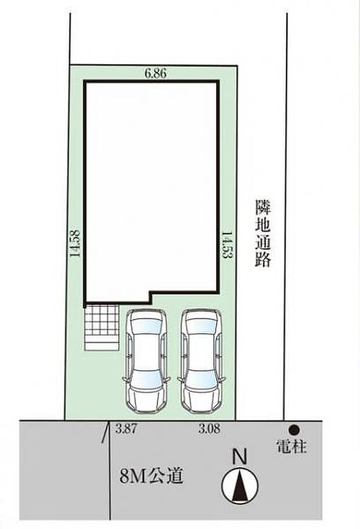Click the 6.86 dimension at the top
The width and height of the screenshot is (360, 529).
pos(156,73)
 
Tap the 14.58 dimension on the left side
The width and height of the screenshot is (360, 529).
pos(74,244)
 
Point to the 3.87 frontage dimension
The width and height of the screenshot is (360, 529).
pos(125,429)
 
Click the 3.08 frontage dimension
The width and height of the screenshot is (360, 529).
pos(209,429)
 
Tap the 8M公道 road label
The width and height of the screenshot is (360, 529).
pos(151,476)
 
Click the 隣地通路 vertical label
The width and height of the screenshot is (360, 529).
pos(263,233)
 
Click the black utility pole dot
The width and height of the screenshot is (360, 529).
pos(294,430)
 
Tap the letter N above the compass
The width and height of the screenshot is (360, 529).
pos(240,457)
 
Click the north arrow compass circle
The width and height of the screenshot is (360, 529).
pos(240,485)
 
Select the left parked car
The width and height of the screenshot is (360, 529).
pos(146,361)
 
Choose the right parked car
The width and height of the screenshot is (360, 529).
pos(200,361)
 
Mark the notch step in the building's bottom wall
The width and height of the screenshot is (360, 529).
pos(150,296)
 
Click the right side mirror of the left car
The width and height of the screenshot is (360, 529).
pos(167,379)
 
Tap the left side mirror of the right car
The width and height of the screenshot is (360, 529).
pos(180,379)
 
